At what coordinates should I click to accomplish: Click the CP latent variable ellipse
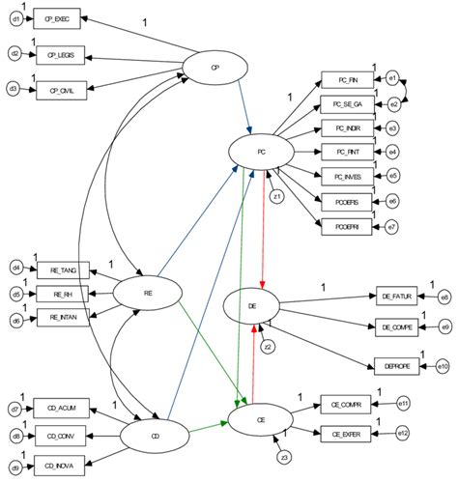(216, 67)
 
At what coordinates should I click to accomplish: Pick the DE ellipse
(253, 305)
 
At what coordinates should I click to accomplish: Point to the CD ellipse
(155, 435)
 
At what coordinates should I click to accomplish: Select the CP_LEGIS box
(61, 54)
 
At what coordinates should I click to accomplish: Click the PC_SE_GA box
(347, 103)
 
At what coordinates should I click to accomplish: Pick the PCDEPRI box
(346, 225)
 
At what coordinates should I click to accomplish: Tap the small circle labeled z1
(277, 197)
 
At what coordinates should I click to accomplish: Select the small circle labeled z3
(283, 456)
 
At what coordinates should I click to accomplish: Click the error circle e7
(392, 226)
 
